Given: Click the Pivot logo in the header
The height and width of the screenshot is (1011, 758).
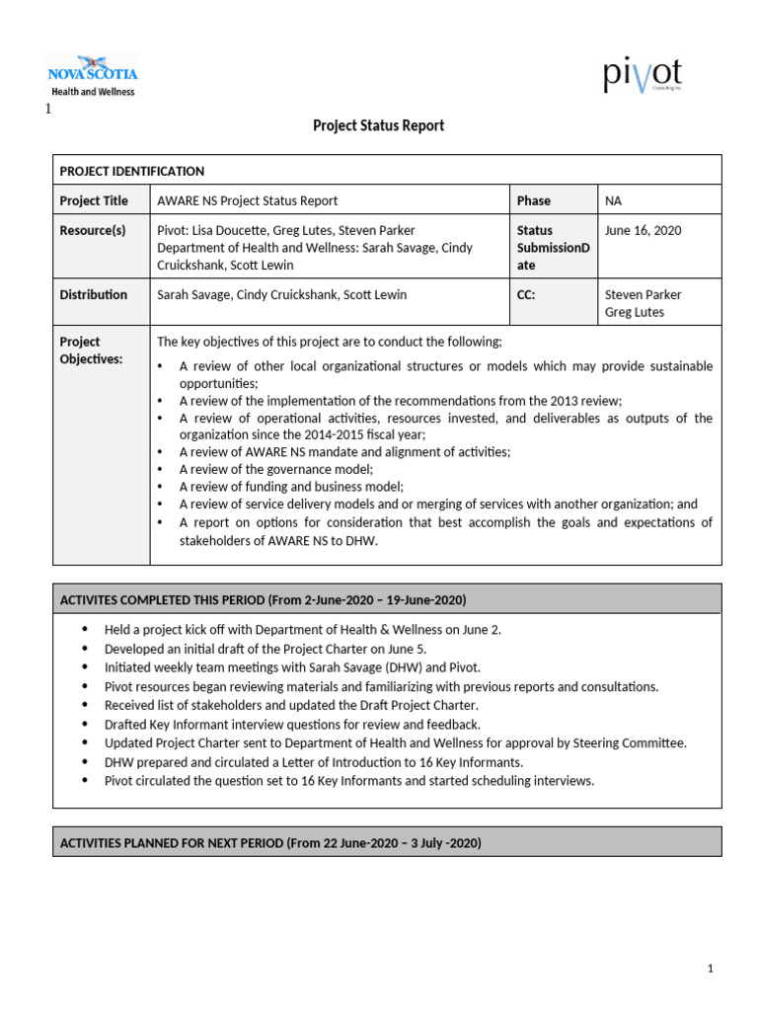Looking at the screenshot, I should pos(643,75).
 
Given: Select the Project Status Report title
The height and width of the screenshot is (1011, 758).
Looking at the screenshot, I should pos(378,125).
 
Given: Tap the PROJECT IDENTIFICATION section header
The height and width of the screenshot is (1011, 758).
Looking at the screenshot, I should pos(132,171).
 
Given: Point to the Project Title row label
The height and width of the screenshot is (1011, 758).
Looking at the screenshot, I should pos(94,200).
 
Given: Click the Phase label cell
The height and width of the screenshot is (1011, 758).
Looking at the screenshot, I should pos(534,200).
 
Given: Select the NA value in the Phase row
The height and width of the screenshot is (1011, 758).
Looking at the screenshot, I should pos(614,200).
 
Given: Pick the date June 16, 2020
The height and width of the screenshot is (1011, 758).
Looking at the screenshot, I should pos(643,230).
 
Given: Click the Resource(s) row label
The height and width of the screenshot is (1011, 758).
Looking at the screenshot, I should pos(93,230).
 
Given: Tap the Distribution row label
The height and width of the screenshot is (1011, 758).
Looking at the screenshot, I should pos(94,294).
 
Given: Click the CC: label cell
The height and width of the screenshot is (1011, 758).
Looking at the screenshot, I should pos(526,294).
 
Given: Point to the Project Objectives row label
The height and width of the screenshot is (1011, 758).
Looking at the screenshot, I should pos(91,350).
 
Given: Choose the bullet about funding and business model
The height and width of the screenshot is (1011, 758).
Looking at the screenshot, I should pos(291,486).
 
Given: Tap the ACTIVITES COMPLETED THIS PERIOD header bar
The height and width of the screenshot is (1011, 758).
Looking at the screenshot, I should pos(263,599).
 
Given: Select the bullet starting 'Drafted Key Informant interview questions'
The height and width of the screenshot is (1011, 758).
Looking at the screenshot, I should pos(292,724).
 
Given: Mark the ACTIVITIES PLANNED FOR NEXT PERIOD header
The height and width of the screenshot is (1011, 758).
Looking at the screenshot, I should pos(270,842).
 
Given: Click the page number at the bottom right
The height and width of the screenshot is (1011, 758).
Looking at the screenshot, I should pos(710,970).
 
